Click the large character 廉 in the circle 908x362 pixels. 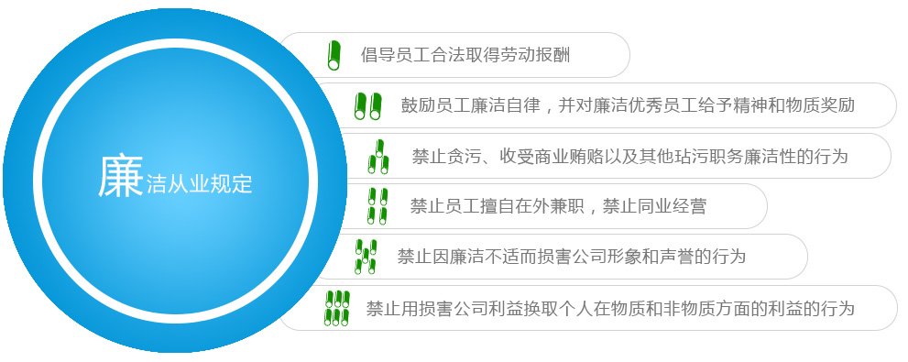coord(120,176)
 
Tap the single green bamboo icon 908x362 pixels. coord(334,55)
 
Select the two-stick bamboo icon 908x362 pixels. coord(368,105)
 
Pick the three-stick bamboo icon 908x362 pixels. coord(377,157)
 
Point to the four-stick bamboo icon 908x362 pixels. coord(377,206)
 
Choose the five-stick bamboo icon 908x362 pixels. coord(366,256)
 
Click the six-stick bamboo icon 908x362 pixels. coord(337,308)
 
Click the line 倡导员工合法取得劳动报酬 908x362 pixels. coord(465,55)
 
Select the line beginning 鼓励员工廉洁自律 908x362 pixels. coord(628,105)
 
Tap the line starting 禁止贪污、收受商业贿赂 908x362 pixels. coord(629,157)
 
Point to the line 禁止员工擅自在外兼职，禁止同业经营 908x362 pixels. coord(558,206)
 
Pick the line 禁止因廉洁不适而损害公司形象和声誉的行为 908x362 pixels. coord(571,257)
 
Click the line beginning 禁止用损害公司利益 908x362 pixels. coord(610,308)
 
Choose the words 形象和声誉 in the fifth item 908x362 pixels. coord(623,257)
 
